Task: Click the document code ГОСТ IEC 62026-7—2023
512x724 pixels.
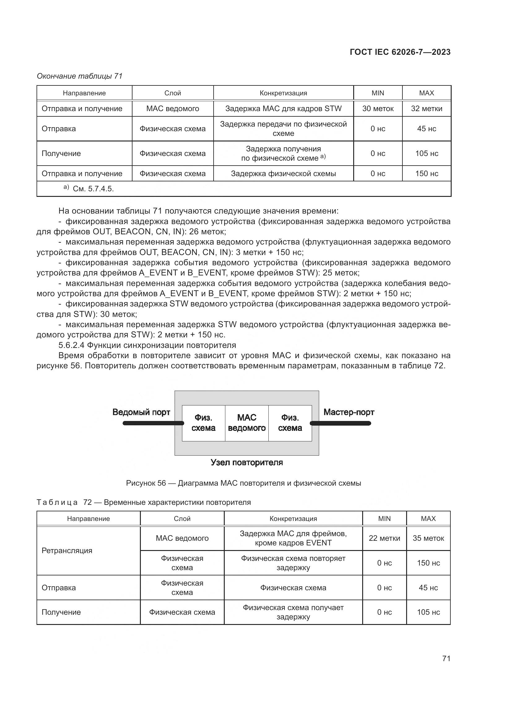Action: (400, 52)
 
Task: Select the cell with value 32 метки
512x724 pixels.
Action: (426, 109)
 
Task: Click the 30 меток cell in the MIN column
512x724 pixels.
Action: (378, 109)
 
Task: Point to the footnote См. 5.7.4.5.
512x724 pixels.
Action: (93, 189)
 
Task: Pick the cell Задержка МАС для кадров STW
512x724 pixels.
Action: (283, 109)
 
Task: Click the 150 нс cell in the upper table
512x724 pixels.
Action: (426, 174)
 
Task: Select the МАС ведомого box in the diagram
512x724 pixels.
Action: (246, 423)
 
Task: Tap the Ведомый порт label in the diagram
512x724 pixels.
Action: (141, 412)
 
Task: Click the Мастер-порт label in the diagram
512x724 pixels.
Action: (349, 412)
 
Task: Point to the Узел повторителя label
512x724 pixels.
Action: (246, 462)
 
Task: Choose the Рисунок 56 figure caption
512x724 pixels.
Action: (243, 483)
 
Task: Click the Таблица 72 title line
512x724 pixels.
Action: (143, 502)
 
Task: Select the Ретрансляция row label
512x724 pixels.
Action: (67, 551)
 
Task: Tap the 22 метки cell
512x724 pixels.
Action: (384, 538)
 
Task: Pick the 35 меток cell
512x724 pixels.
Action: (428, 538)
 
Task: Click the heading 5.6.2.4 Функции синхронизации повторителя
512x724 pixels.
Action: (147, 345)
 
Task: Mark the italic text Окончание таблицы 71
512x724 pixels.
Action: (80, 76)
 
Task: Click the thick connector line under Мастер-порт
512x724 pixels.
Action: (341, 423)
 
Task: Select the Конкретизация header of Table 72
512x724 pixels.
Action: (293, 519)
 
